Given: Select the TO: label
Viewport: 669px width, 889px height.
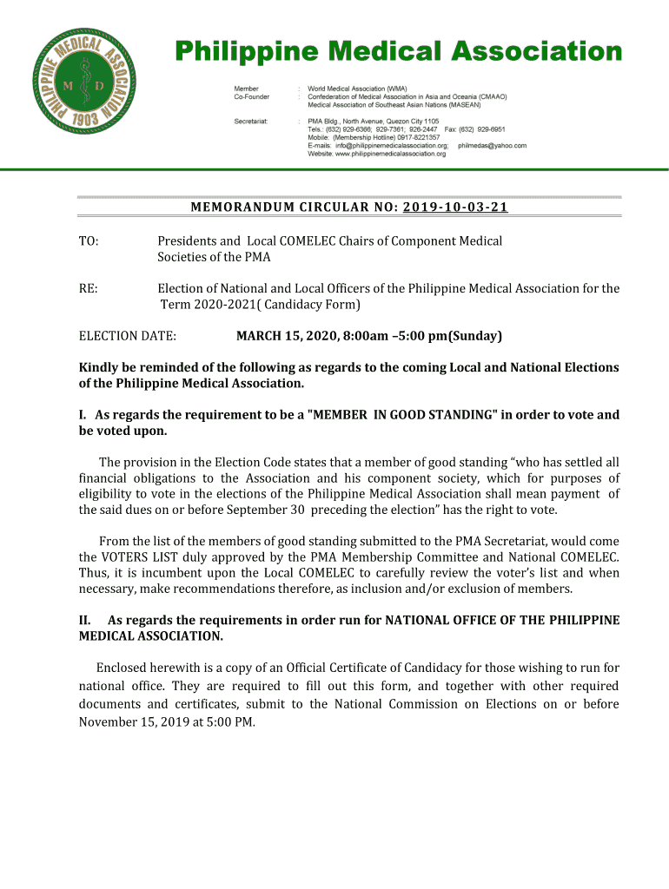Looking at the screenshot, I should click(x=89, y=240).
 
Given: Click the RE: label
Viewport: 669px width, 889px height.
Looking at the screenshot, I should click(x=89, y=288).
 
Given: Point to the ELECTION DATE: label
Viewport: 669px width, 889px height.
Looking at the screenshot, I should click(x=128, y=336).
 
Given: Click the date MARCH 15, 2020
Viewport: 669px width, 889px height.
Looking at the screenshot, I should click(x=289, y=336).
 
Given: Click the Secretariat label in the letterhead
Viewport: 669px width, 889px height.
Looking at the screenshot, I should click(x=250, y=121).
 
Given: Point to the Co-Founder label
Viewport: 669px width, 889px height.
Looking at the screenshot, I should click(x=251, y=95).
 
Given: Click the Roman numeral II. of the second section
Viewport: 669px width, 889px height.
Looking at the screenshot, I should click(x=86, y=620).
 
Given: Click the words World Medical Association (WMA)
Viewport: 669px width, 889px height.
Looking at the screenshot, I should click(x=356, y=88).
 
